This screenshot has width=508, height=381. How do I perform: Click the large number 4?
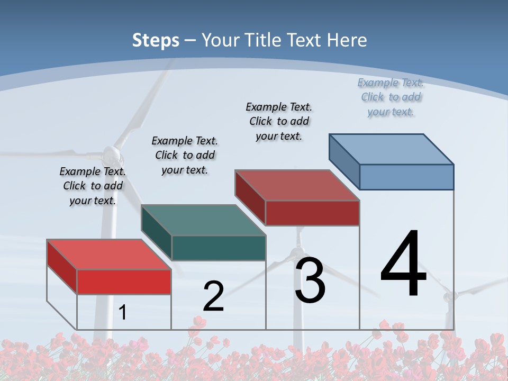tap(403, 265)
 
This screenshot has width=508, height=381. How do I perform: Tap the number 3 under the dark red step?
tap(310, 280)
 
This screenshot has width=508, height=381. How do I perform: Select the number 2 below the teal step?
tap(213, 296)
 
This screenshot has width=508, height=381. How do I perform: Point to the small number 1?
tap(123, 313)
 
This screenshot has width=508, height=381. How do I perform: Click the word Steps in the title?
tap(156, 40)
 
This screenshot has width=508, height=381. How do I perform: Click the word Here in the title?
tap(347, 40)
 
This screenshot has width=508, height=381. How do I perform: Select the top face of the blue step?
tap(392, 149)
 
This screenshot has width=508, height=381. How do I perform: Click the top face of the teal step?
tap(204, 220)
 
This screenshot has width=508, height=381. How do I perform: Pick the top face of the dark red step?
tap(297, 185)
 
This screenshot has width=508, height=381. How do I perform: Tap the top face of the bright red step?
tap(109, 255)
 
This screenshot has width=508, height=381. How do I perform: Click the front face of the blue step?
tap(406, 177)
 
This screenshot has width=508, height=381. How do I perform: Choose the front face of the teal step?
tap(219, 248)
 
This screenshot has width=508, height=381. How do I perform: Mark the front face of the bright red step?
tap(124, 282)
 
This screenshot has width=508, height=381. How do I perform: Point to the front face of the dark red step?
tap(312, 213)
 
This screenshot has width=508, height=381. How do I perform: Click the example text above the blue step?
tap(391, 97)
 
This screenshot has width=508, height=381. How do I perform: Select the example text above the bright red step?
tap(93, 186)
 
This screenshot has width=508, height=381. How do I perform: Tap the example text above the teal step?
tap(185, 155)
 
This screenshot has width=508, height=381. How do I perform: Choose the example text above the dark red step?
tap(279, 121)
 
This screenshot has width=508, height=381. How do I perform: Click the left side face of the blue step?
tap(344, 161)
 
